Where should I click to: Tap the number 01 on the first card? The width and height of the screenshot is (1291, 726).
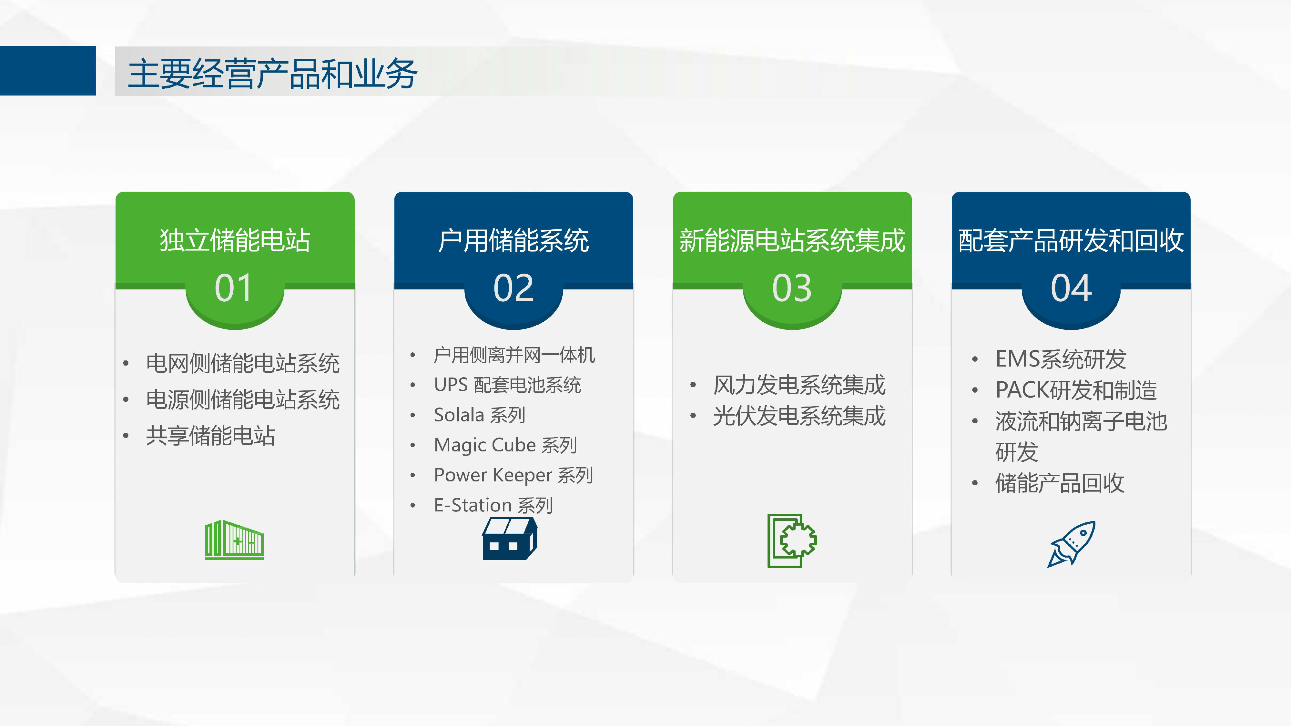234,288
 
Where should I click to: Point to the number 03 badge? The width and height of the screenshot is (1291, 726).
792,288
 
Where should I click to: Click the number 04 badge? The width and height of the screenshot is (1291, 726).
1071,288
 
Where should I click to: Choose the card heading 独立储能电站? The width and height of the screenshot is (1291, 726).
235,240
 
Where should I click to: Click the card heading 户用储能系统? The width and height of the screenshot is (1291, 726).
513,240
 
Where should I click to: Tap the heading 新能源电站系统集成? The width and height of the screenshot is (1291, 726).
792,240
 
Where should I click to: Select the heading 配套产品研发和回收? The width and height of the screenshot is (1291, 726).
1071,240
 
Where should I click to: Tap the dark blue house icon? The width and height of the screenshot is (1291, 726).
510,539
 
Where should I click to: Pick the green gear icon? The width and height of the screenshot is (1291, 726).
792,540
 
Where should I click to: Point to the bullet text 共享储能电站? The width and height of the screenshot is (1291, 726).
210,435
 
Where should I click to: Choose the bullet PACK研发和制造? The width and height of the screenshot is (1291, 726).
1076,390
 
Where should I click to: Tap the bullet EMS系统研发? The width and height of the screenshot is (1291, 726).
1061,359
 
